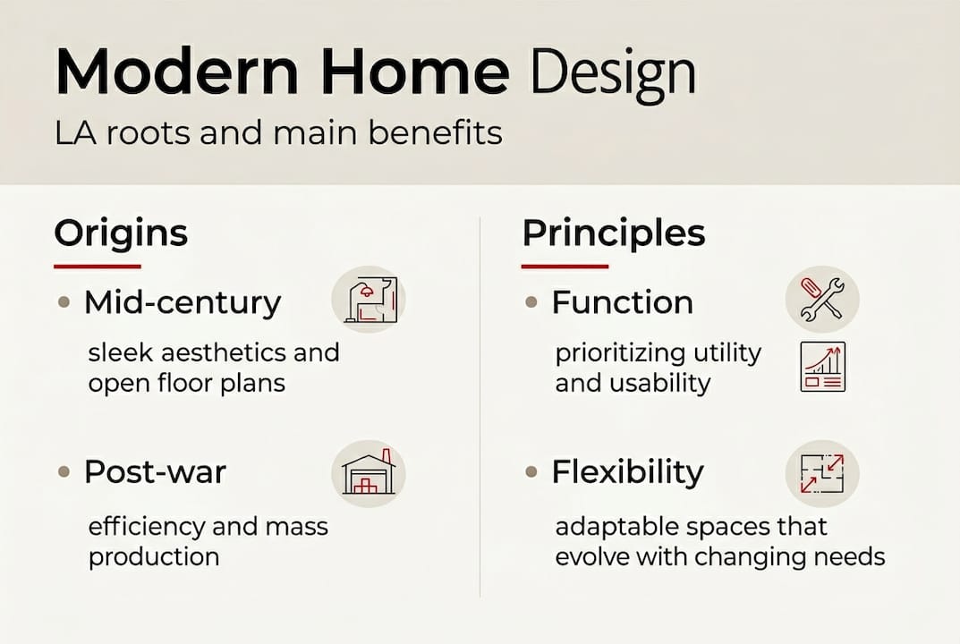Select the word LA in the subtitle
[x=75, y=133]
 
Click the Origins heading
[x=121, y=234]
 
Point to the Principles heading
[x=614, y=234]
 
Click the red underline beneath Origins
[x=98, y=267]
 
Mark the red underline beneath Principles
[x=565, y=267]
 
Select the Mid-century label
[x=183, y=303]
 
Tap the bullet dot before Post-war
[x=64, y=472]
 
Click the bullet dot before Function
[x=531, y=302]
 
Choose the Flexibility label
[x=628, y=473]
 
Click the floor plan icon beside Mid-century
[x=369, y=300]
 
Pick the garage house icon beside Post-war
[x=369, y=473]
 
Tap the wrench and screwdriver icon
[x=822, y=300]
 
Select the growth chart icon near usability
[x=823, y=367]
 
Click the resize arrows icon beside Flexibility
[x=822, y=473]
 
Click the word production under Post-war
[x=154, y=558]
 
